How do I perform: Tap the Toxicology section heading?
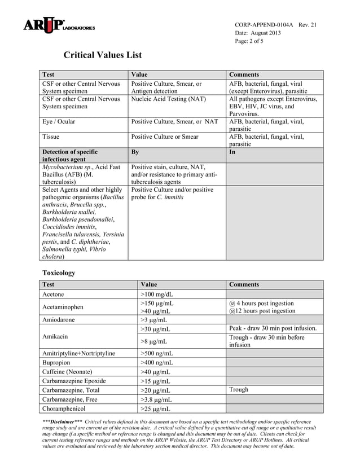pyautogui.click(x=59, y=272)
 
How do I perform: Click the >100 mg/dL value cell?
pyautogui.click(x=157, y=294)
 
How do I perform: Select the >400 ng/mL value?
pyautogui.click(x=156, y=362)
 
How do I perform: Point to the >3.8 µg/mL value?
pyautogui.click(x=156, y=399)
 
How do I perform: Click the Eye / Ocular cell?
pyautogui.click(x=59, y=121)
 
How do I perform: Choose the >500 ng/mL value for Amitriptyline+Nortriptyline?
pyautogui.click(x=156, y=353)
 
